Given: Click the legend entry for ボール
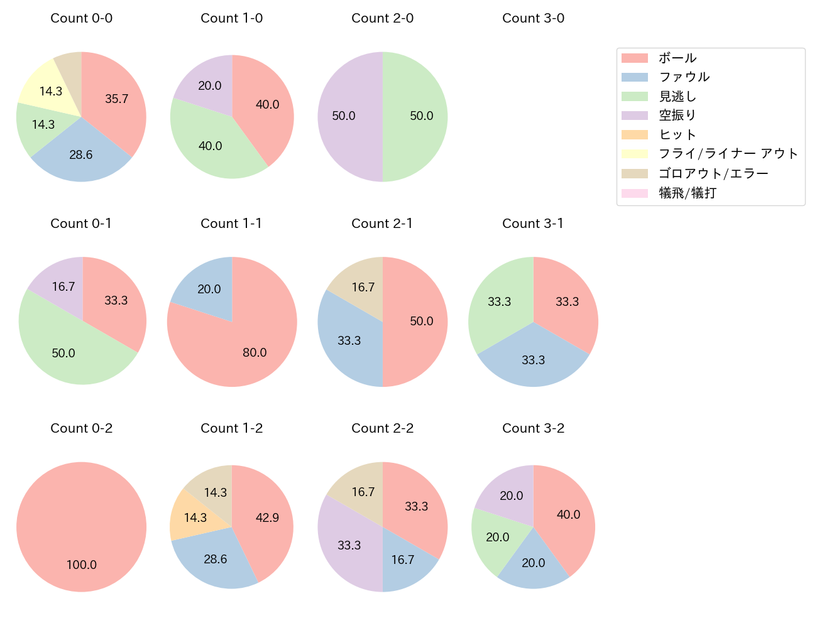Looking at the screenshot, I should (x=677, y=58).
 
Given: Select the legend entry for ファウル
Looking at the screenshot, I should (x=684, y=77).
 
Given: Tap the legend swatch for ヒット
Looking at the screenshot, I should (x=635, y=135).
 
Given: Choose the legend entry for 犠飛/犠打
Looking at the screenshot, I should (x=687, y=193).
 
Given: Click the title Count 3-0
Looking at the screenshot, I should (x=533, y=18).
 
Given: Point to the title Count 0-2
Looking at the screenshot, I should (x=82, y=428).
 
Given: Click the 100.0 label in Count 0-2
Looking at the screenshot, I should (x=82, y=565).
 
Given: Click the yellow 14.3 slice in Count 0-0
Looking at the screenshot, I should (x=47, y=88).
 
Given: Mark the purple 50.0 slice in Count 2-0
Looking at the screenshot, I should (x=349, y=117).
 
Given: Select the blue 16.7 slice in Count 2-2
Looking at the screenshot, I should (x=405, y=559).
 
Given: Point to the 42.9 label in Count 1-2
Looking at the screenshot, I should (x=267, y=517).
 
